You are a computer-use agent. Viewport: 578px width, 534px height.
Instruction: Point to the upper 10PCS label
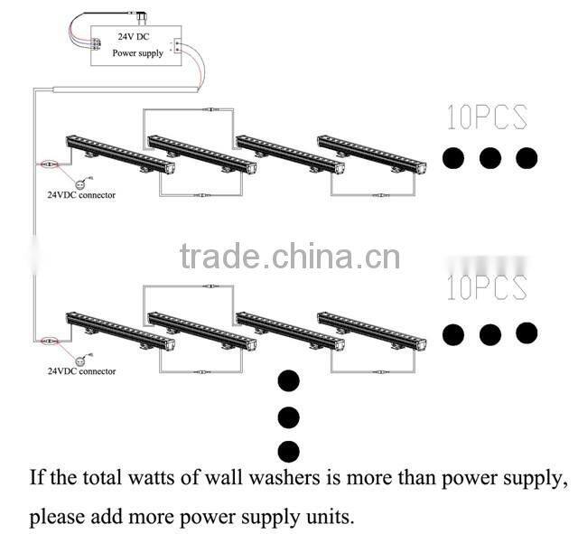487,117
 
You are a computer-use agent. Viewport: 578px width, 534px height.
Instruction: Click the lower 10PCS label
487,287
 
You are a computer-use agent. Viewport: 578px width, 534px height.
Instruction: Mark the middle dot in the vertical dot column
289,417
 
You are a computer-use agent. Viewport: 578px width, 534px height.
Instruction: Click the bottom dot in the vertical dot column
289,450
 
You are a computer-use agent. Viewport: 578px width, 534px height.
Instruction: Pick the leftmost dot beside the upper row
453,159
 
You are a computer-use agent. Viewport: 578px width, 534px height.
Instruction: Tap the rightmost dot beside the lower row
527,333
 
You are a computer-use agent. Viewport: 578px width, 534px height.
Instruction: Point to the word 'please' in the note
55,518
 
